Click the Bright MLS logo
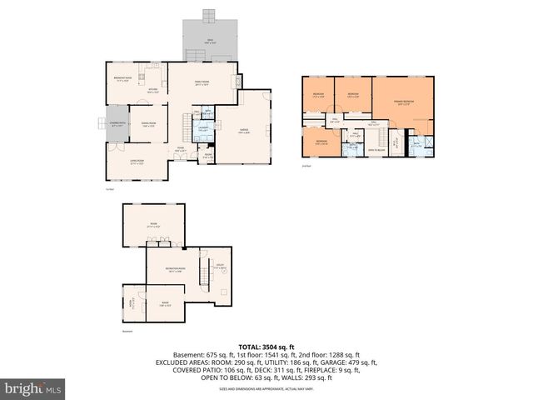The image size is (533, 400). (33, 388)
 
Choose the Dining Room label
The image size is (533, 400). (149, 125)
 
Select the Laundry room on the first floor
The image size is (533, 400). (202, 129)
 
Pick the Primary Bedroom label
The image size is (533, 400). (404, 102)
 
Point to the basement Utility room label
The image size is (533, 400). (220, 267)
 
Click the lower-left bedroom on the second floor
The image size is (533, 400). (321, 143)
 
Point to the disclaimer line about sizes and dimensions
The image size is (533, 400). (266, 388)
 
